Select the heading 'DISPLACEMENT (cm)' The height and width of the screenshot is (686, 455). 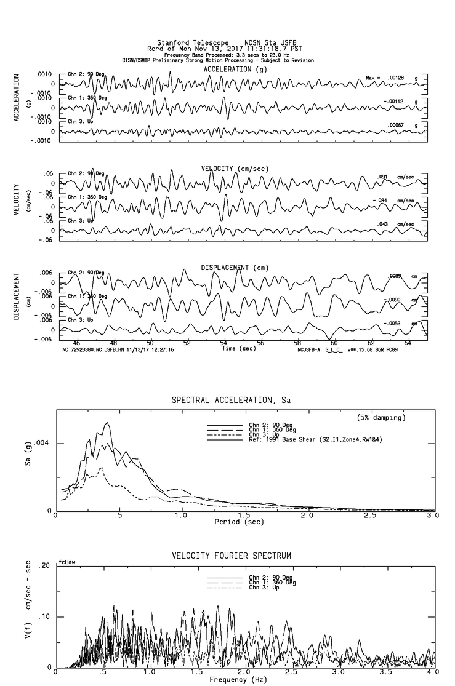234,268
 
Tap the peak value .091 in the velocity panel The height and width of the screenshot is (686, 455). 383,177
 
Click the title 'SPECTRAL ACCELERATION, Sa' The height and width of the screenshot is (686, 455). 231,401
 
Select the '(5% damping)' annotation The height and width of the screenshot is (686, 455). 381,418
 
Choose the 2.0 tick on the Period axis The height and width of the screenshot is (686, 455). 307,515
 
